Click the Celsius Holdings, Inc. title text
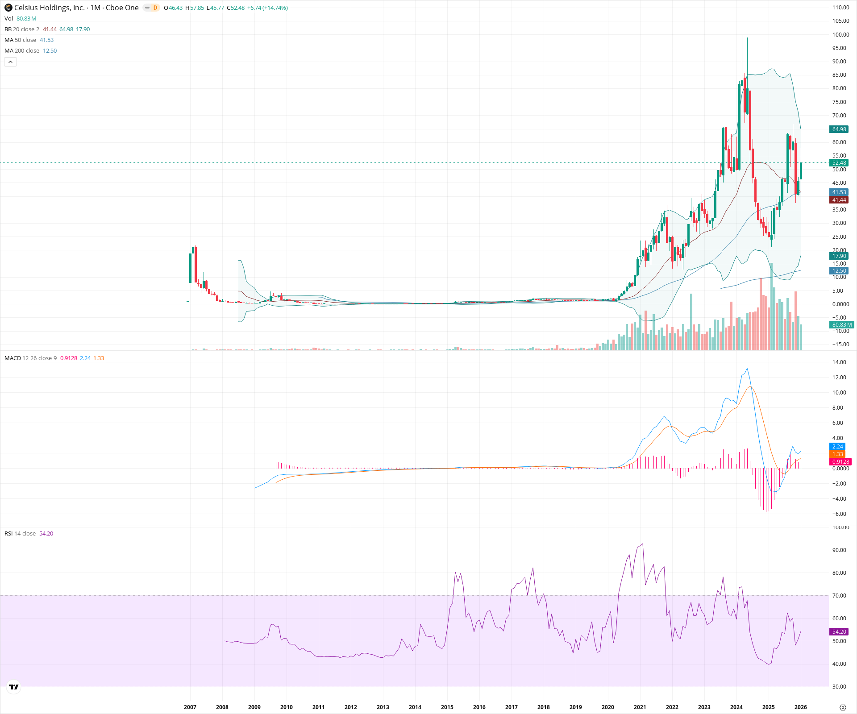click(x=49, y=8)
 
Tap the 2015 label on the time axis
click(x=447, y=707)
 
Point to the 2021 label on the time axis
click(x=640, y=707)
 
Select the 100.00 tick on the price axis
click(x=840, y=34)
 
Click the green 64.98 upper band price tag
click(x=839, y=129)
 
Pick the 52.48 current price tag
click(x=839, y=163)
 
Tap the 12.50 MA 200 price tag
click(x=839, y=271)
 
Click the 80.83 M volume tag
click(x=842, y=325)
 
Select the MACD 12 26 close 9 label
click(x=31, y=358)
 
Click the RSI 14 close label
click(x=20, y=534)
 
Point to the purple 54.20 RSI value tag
click(x=839, y=632)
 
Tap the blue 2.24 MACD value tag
click(x=838, y=447)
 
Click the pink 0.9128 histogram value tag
click(x=840, y=462)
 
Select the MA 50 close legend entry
click(x=21, y=40)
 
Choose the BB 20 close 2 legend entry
click(x=22, y=29)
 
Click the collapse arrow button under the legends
click(x=10, y=62)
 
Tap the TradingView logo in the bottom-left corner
click(x=14, y=687)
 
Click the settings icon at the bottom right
click(x=843, y=707)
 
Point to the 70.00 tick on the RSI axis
click(x=839, y=595)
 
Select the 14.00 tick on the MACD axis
click(x=839, y=362)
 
